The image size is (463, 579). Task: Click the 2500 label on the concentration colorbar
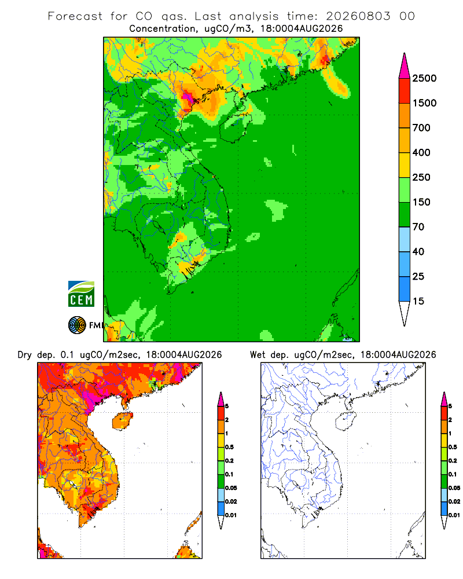click(424, 78)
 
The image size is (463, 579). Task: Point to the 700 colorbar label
click(421, 128)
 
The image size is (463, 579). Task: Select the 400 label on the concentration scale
click(421, 152)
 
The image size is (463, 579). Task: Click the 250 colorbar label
click(421, 177)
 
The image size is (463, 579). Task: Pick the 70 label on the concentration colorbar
click(418, 227)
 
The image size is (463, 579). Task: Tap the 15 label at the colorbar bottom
click(418, 301)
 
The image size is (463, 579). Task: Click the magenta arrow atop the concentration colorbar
click(405, 66)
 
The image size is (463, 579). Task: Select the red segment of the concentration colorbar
click(405, 91)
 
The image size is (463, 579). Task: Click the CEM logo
click(81, 294)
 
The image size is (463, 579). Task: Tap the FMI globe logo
click(77, 325)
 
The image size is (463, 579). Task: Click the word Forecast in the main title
click(75, 16)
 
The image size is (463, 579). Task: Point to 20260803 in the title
click(358, 16)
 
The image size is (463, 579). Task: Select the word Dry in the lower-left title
click(25, 355)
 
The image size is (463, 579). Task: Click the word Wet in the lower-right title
click(258, 355)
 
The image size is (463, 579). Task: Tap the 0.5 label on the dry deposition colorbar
click(229, 447)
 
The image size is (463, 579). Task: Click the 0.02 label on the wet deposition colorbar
click(454, 501)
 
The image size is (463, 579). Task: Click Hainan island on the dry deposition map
click(122, 422)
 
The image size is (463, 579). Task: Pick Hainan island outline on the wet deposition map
click(346, 422)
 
